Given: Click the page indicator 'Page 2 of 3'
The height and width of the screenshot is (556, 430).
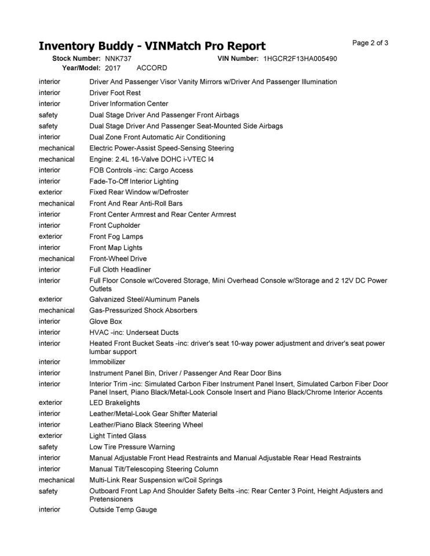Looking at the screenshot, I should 370,43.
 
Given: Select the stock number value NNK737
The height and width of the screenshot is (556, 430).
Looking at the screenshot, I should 118,58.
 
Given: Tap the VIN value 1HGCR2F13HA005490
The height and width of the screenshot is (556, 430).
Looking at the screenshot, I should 300,58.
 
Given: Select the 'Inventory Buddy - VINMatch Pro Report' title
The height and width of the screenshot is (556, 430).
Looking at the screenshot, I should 152,46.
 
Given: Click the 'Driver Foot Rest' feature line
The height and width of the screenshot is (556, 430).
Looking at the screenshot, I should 115,93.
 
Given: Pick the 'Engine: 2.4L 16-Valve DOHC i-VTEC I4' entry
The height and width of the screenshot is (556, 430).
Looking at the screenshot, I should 151,159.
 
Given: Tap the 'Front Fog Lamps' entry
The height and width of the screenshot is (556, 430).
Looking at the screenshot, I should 116,236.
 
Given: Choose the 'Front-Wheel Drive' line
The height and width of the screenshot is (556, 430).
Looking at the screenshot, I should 118,259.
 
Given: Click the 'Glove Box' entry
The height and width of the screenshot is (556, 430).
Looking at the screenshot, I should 105,321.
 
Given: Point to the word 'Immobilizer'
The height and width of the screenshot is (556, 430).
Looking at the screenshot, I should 107,362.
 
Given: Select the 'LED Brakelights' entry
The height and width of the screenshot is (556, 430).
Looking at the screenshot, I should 113,403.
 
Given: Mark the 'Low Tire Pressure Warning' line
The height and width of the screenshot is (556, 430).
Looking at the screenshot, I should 132,447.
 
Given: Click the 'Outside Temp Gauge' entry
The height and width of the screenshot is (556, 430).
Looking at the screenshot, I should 123,510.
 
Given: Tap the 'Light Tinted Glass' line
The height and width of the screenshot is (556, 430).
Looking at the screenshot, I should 118,436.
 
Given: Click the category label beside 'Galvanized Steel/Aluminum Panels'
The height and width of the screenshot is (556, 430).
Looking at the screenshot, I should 50,299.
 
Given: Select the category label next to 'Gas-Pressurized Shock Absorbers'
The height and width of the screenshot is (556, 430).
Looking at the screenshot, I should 57,310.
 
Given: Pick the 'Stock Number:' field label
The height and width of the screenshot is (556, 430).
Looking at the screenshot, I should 76,58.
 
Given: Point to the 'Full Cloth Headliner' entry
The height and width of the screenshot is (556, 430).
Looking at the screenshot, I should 120,270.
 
